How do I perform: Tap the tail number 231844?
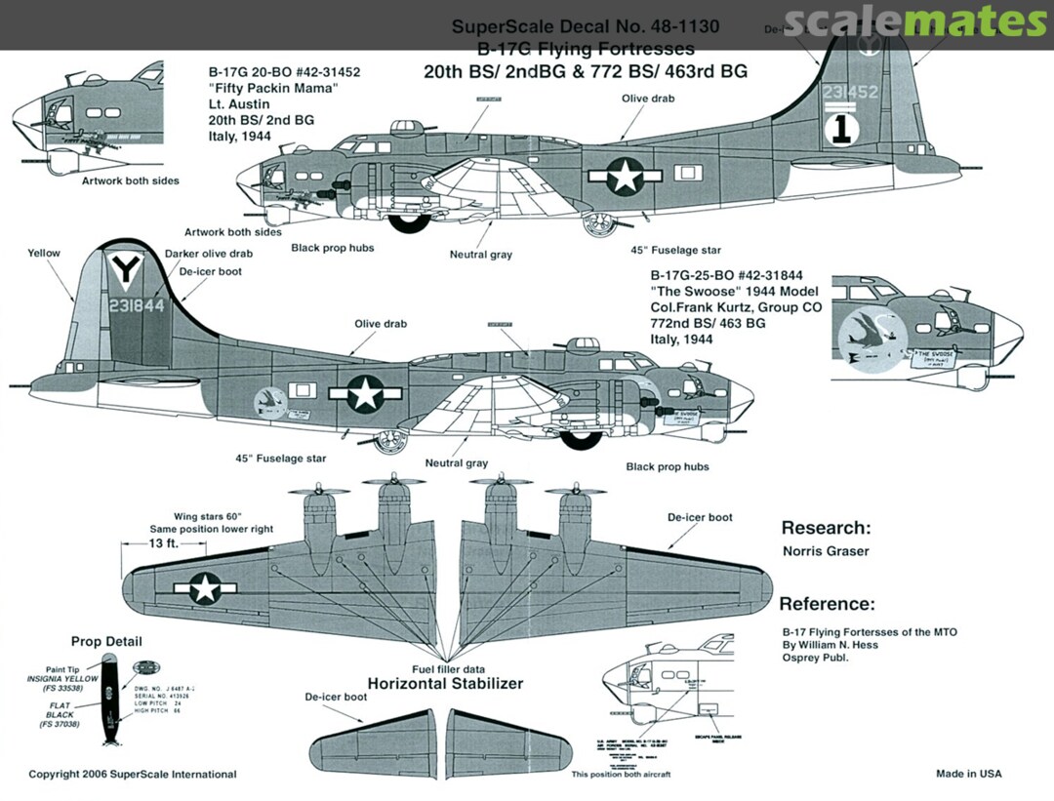[x=138, y=304]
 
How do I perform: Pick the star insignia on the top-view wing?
[x=205, y=587]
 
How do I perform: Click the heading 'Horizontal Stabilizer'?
[x=445, y=683]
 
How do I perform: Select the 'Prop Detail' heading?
[x=106, y=641]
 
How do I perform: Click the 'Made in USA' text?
[x=968, y=774]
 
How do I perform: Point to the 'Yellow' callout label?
[x=44, y=253]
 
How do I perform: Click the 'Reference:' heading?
[x=827, y=604]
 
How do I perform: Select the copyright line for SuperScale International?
[x=133, y=774]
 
